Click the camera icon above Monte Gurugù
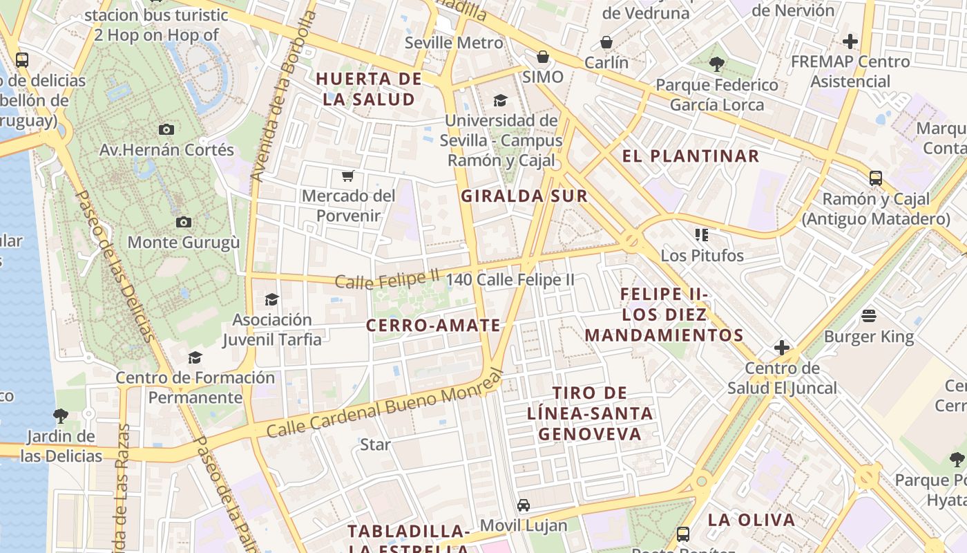coord(183,222)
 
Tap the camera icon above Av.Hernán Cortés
coord(166,129)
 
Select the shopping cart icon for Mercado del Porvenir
coord(348,176)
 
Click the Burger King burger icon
coord(869,316)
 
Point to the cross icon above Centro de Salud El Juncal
coord(782,347)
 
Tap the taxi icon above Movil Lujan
coord(524,505)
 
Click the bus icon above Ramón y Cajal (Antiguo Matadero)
coord(876,178)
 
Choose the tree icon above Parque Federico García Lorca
coord(717,64)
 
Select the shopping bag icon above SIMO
coord(543,56)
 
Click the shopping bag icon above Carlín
coord(606,42)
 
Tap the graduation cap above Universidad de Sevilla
coord(501,101)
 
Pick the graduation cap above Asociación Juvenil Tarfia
coord(271,299)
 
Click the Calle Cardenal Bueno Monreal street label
coord(383,406)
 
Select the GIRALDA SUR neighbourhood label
coord(524,196)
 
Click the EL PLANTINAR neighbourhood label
coord(691,156)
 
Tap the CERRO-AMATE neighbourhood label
coord(433,326)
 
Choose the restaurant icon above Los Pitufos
coord(702,235)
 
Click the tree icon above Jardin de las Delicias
coord(61,415)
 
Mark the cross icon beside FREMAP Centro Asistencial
coord(850,41)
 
